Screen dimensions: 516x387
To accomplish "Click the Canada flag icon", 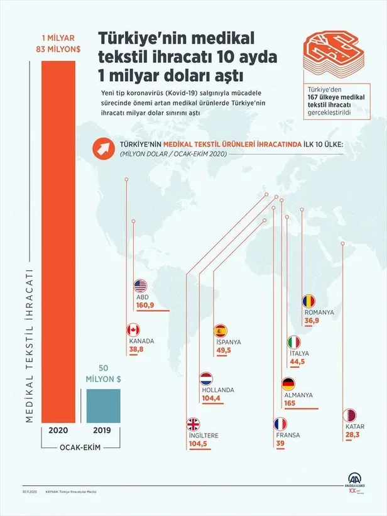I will tap(133, 330).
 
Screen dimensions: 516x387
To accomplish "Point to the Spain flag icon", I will tap(220, 331).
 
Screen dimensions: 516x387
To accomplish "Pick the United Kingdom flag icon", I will tap(194, 424).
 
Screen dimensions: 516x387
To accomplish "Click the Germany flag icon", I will tap(288, 384).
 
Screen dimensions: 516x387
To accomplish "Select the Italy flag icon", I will tap(294, 343).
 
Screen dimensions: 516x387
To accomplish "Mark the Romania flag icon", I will tap(309, 301).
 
